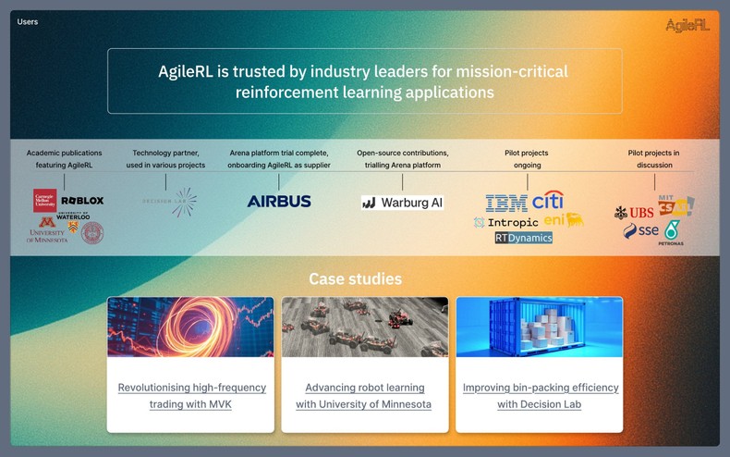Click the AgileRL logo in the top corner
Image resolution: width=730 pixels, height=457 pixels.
click(x=687, y=25)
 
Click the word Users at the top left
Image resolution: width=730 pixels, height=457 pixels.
click(x=28, y=21)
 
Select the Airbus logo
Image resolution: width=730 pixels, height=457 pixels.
click(x=279, y=202)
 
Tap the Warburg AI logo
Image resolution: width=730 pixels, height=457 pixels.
click(x=402, y=203)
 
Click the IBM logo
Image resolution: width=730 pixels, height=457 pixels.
click(x=505, y=203)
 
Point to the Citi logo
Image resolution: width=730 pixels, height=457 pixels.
click(x=547, y=200)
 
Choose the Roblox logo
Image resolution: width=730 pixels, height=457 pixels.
click(x=82, y=200)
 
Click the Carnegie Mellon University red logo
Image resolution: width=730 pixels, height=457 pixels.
click(x=44, y=201)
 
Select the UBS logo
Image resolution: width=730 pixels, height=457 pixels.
click(x=634, y=213)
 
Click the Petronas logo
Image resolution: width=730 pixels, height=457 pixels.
click(x=671, y=232)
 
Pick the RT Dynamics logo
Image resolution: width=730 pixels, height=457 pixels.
click(x=523, y=238)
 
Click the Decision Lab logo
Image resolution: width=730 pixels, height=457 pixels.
click(x=170, y=202)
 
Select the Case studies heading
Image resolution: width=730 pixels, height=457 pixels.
click(x=355, y=278)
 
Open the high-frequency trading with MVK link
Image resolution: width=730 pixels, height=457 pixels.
click(x=191, y=396)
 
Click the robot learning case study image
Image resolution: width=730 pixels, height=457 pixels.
click(x=364, y=327)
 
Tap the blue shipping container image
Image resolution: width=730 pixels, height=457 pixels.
click(x=539, y=327)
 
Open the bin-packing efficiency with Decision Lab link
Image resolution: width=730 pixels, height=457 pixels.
click(x=540, y=396)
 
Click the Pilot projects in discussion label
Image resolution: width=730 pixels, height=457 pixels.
click(x=654, y=158)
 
